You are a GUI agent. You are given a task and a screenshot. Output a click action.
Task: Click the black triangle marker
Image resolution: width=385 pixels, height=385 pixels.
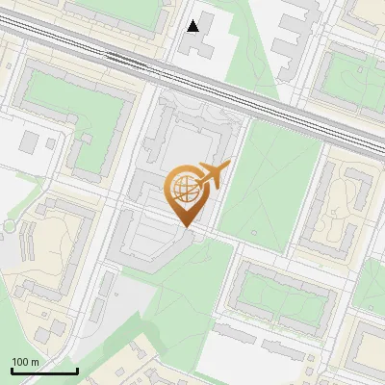tap(193, 26)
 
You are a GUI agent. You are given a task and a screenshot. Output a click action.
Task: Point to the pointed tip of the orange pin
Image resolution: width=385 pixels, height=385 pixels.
tap(186, 226)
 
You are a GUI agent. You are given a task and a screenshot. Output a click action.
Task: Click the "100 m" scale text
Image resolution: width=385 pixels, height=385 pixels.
tap(25, 361)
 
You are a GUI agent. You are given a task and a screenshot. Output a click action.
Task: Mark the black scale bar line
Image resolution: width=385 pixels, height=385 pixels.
tap(44, 371)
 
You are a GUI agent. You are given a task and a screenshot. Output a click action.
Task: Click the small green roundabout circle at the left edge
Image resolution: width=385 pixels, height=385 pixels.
tap(9, 225)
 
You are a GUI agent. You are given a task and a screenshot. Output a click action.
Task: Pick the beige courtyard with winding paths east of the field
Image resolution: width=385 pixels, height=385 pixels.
tap(342, 207)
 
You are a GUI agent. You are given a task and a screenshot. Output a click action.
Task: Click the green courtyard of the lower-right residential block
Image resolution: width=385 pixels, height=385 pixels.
tap(279, 294)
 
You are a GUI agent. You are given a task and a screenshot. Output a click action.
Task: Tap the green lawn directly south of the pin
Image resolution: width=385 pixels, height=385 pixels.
tap(183, 279)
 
